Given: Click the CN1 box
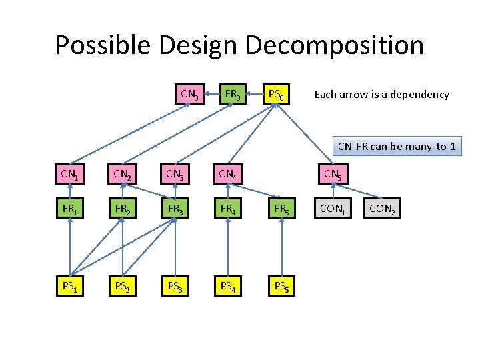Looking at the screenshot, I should click(69, 175).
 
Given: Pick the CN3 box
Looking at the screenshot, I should click(175, 175).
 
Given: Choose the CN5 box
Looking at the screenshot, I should click(332, 175).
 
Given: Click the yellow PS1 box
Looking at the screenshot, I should click(69, 287).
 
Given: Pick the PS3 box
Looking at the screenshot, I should click(175, 287).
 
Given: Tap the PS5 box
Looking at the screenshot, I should click(279, 287).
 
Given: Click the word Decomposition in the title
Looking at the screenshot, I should click(335, 45).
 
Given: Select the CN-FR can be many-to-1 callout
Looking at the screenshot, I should click(397, 147).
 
